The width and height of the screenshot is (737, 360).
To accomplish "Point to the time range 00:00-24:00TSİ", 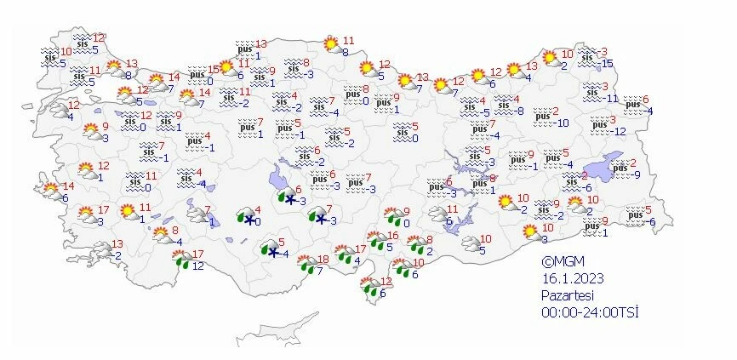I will (590, 311).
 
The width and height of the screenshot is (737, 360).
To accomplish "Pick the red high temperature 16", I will (392, 236).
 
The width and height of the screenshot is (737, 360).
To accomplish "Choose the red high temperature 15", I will (214, 70).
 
